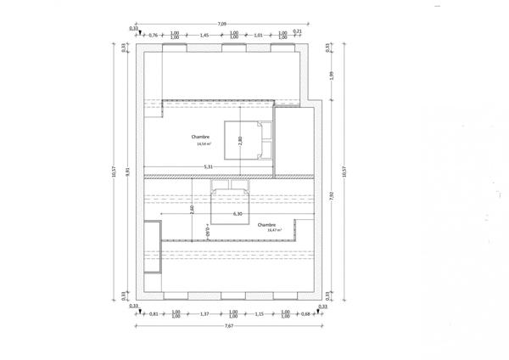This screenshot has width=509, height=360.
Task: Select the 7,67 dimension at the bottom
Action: tap(230, 326)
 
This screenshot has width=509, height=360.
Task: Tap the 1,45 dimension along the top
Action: tap(204, 35)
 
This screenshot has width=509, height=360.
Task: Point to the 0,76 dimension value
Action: tap(154, 35)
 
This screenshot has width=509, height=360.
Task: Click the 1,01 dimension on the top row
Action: tap(260, 35)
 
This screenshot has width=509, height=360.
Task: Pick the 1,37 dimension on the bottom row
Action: tap(204, 314)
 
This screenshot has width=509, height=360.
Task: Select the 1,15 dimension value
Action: tap(259, 314)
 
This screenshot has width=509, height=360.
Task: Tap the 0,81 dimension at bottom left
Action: tap(154, 314)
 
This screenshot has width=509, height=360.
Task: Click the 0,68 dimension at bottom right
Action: tap(305, 314)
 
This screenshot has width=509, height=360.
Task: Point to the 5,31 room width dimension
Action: tap(209, 167)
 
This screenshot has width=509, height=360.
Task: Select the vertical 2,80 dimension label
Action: tap(240, 141)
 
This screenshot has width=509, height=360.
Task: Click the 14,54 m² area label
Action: tap(204, 144)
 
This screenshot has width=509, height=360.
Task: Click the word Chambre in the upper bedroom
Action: tap(201, 137)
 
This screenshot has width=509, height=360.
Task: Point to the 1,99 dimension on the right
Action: tap(332, 76)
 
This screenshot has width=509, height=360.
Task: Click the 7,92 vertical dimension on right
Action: tap(332, 195)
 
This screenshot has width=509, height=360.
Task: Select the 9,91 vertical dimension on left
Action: tap(128, 171)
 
